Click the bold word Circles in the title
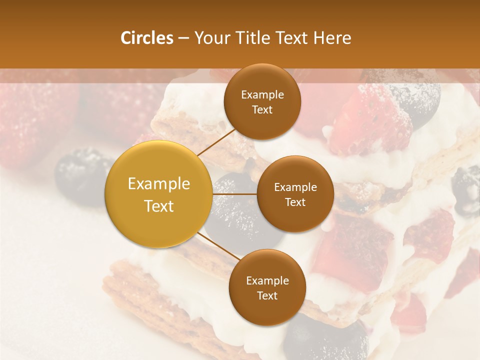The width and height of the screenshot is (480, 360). click(x=147, y=38)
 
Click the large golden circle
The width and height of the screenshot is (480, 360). click(x=158, y=194)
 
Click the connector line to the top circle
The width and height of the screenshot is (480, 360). click(x=216, y=141)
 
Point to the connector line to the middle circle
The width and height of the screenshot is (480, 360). click(x=234, y=194)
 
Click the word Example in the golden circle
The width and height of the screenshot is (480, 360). click(x=158, y=184)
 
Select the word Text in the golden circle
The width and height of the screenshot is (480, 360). click(x=158, y=206)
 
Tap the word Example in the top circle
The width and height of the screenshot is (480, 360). click(x=262, y=95)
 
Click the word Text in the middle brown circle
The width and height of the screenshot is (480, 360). click(x=295, y=202)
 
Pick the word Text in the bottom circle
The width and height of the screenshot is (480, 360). click(x=267, y=295)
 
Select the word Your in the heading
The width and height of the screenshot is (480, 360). click(x=210, y=38)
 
